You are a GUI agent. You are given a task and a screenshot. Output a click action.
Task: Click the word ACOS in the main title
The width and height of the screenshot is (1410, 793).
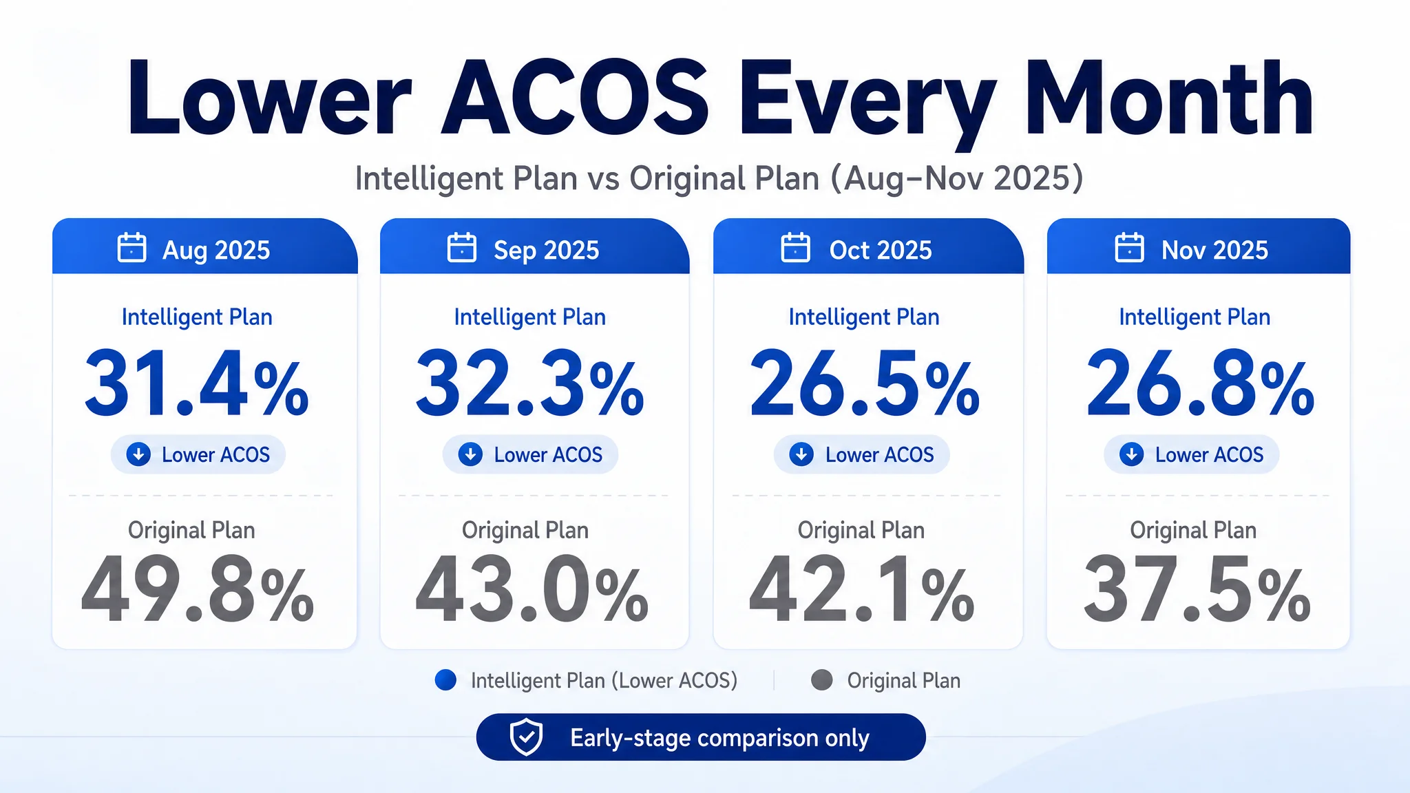pos(575,98)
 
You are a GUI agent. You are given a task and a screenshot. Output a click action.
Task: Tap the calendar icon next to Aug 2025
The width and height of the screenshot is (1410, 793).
pos(131,248)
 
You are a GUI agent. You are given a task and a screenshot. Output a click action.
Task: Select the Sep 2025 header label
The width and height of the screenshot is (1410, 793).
pos(546,251)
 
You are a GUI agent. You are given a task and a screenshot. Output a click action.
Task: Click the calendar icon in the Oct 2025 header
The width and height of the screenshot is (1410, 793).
pos(795,248)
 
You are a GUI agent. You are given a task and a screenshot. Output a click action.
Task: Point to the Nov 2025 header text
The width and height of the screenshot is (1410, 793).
pos(1214,251)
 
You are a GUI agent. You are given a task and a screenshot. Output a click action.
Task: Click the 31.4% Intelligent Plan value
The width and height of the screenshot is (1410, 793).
pos(197,383)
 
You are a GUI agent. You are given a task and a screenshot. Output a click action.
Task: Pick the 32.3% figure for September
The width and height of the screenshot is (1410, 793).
pos(529,383)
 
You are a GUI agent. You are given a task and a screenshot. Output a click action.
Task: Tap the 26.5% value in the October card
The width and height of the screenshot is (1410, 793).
pos(864,383)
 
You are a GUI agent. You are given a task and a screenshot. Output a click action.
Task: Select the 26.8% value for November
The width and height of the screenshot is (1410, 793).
pos(1200,383)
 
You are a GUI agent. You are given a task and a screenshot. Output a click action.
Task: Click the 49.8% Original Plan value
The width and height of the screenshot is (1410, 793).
pos(198,590)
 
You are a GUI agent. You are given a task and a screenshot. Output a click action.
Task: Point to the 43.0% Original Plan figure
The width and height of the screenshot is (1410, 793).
pos(532,590)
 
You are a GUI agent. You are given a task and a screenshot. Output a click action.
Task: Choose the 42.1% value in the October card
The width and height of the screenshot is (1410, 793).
pos(861,590)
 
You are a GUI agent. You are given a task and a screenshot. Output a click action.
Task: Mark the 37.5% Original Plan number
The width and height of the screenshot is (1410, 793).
pos(1197,590)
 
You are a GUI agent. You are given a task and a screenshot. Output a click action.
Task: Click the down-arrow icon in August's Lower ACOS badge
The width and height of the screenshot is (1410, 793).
pos(138,454)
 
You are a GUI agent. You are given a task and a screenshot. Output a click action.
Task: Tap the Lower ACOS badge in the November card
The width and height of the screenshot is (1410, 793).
pos(1191,454)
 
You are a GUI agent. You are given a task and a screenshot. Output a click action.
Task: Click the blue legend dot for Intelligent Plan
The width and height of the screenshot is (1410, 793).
pos(445,680)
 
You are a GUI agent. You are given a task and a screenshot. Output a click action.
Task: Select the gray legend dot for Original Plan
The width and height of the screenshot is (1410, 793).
pos(821,680)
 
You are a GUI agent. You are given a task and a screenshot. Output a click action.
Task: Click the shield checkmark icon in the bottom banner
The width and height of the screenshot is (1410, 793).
pos(526,737)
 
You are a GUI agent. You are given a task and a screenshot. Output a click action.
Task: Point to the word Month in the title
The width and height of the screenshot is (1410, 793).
pos(1169,98)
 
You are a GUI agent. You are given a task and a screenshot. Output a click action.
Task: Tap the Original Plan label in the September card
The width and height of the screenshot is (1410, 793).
pos(525,530)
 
